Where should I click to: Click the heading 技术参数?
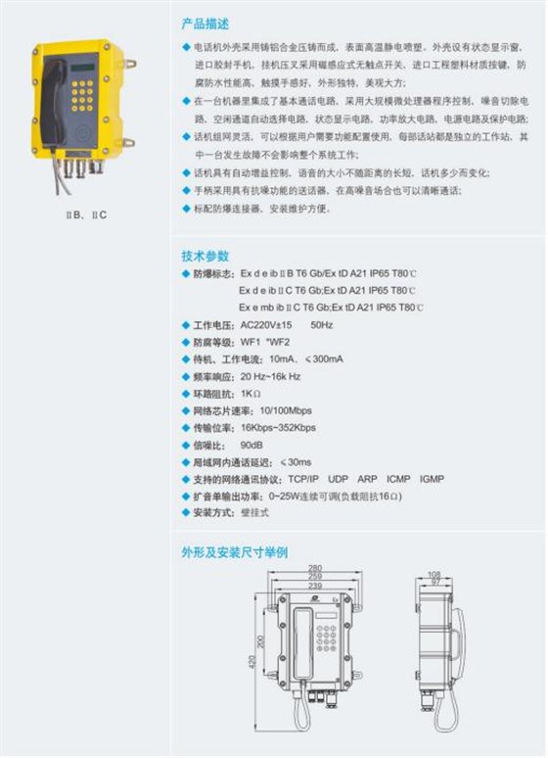coord(205,257)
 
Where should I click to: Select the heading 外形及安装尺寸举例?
coord(235,551)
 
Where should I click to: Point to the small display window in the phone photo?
coord(85,69)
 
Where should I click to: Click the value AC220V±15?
coord(267,324)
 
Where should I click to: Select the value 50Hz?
coord(322,324)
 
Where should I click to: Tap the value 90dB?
coord(252,446)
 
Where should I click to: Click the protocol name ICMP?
coord(398,480)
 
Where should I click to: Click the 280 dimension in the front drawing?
coord(314,568)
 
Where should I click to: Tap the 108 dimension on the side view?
coord(434,574)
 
